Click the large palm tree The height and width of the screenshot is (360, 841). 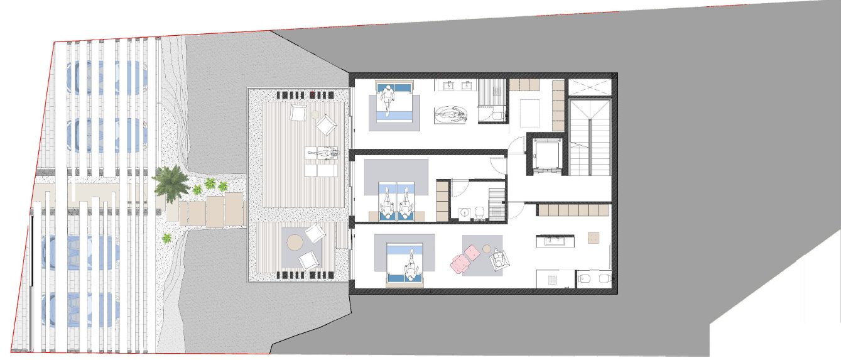171,182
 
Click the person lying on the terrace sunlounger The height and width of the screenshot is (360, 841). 322,153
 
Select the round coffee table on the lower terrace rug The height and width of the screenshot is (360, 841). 295,242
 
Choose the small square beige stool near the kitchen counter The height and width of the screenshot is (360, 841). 594,237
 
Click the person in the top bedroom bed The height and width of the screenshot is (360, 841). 389,99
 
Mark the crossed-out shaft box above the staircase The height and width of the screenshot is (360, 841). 589,86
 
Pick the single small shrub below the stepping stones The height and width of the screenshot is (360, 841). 167,238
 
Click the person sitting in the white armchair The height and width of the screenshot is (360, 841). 499,258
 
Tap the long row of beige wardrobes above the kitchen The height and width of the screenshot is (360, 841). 573,210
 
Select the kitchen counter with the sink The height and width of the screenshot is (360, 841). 555,241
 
